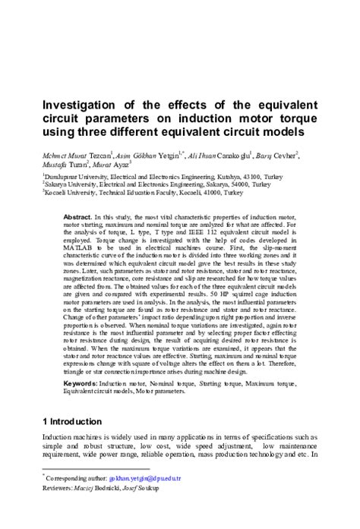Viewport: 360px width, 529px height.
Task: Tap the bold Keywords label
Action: coord(81,385)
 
